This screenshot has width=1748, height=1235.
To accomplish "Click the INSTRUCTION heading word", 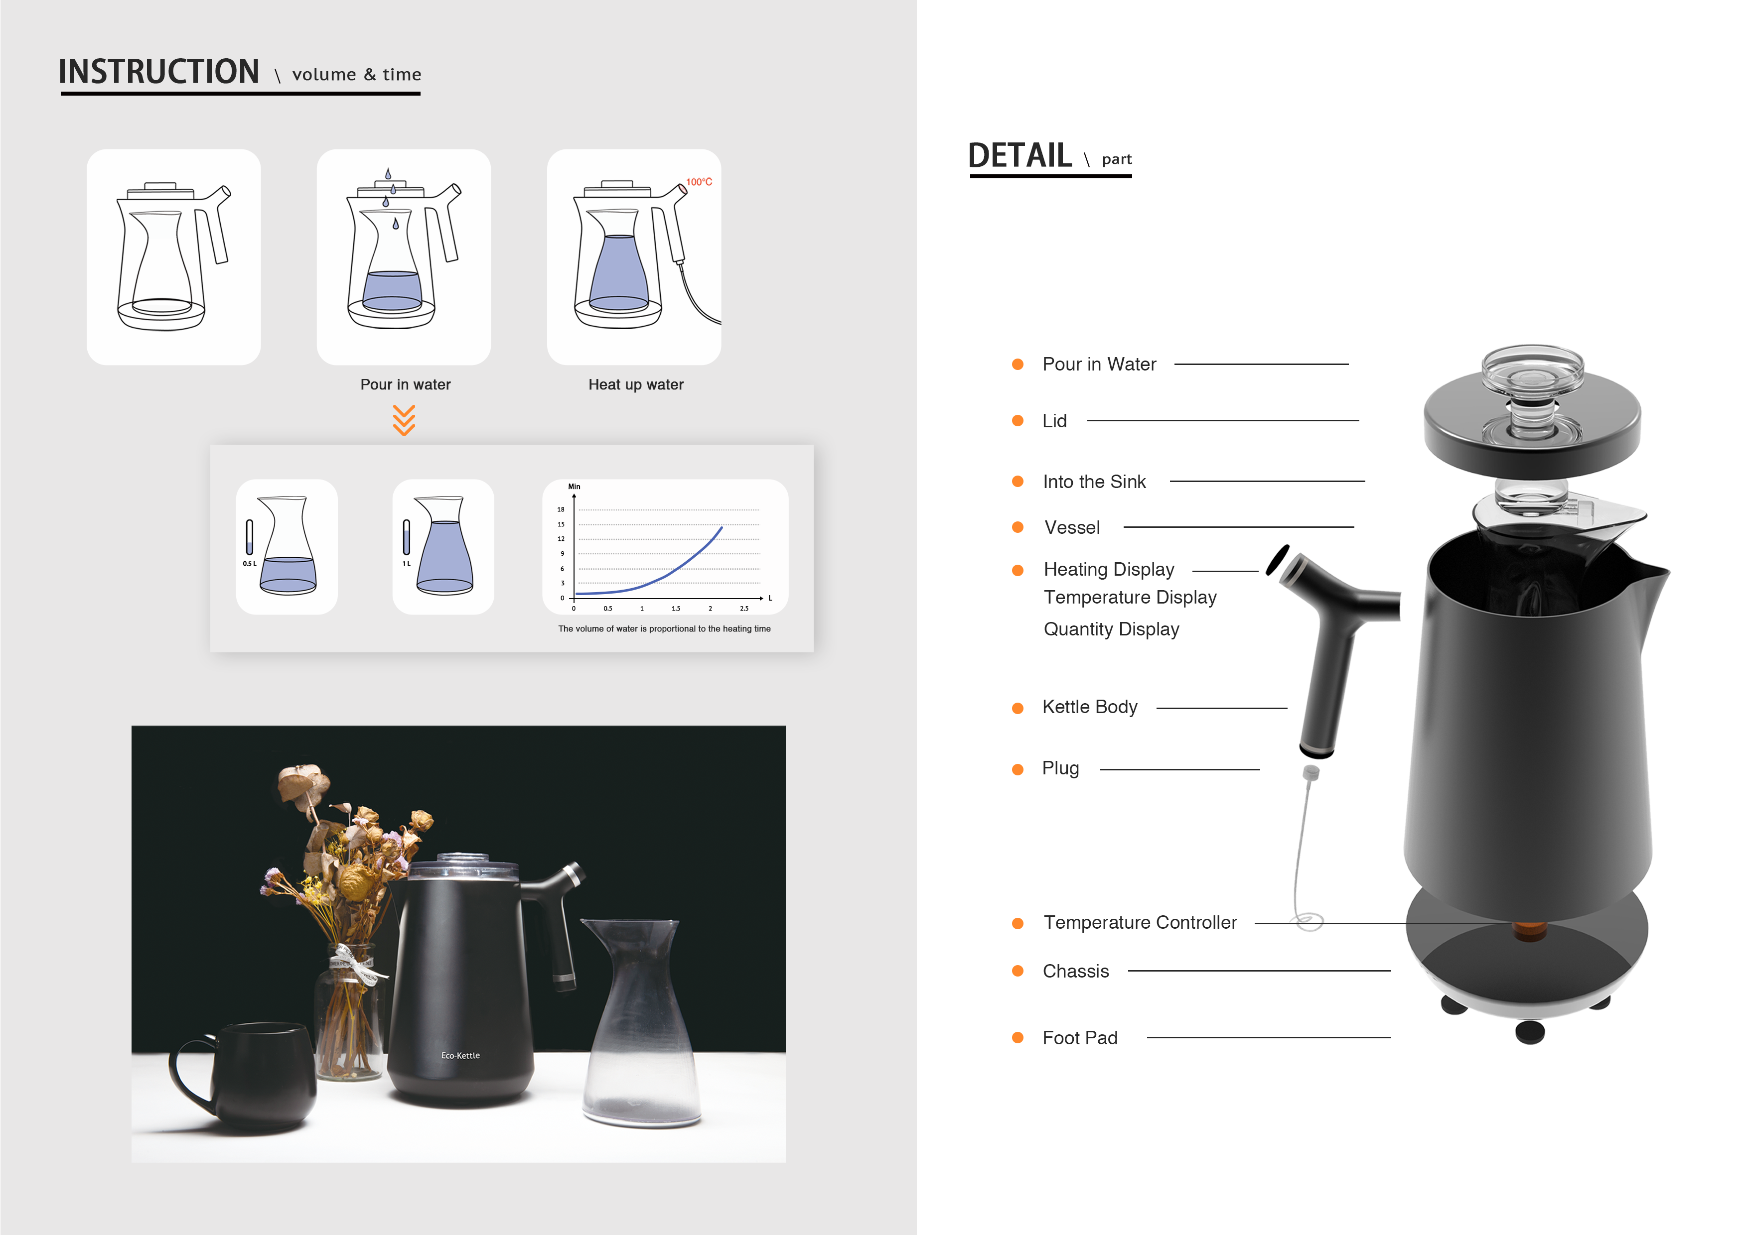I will click(x=159, y=72).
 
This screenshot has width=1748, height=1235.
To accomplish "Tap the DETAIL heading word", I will click(x=1020, y=155).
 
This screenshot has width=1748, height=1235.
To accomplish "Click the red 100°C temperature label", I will click(x=699, y=182).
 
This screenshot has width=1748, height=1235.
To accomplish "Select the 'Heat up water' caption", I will click(x=636, y=385).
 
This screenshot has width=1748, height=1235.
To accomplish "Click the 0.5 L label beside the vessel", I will click(x=249, y=564).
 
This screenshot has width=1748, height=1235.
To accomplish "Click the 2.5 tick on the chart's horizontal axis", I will click(x=744, y=609).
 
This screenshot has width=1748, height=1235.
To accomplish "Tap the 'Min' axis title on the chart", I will click(x=574, y=486).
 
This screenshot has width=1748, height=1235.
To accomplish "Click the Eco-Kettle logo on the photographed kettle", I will click(x=460, y=1055).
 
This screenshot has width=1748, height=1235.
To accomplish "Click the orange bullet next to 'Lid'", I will click(x=1017, y=421).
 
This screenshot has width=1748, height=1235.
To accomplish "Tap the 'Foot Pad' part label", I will click(x=1080, y=1038).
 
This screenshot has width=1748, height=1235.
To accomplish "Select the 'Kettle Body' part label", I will click(x=1089, y=707).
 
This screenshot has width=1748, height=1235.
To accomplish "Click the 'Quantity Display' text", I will click(x=1111, y=629).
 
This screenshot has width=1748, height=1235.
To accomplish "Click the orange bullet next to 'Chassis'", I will click(x=1017, y=971).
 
